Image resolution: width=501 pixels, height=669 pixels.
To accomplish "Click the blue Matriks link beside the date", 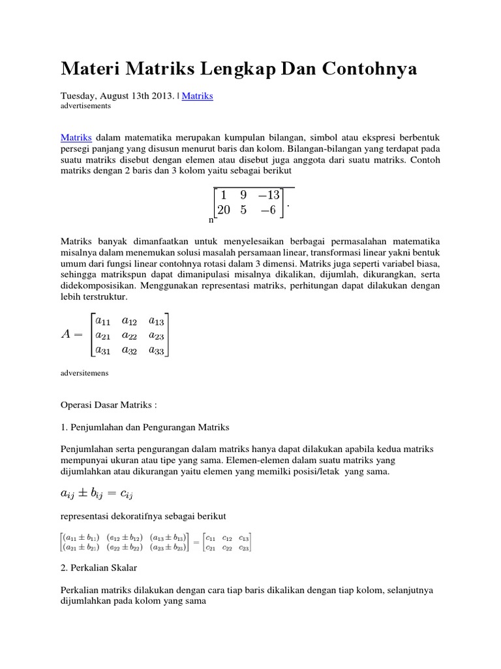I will (198, 95).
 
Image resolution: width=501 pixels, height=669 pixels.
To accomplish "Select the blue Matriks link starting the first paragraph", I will (76, 137).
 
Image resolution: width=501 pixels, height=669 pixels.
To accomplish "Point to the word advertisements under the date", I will (85, 105).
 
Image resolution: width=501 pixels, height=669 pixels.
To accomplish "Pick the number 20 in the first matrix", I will (224, 210).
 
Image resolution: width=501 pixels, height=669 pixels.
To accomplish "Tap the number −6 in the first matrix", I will (270, 210).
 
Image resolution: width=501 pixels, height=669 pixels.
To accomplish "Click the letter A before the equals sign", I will (67, 334).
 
